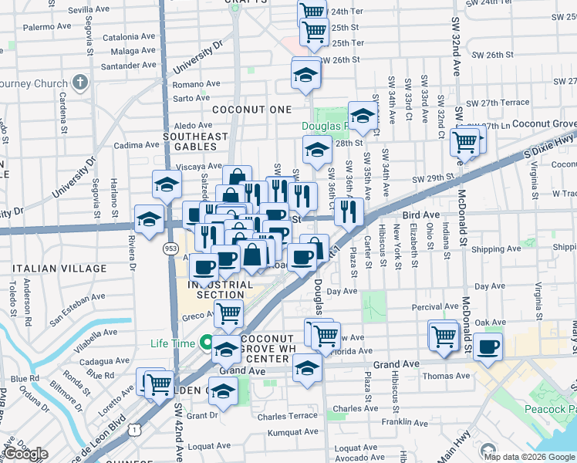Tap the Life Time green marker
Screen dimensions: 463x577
click(206, 342)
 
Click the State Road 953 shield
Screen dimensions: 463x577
click(170, 249)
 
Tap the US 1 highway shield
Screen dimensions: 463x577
click(137, 428)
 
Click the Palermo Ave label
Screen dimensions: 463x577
click(45, 27)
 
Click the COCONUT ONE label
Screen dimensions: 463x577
click(252, 110)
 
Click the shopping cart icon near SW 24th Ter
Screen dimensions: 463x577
click(312, 12)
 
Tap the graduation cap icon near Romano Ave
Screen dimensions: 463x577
click(306, 76)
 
